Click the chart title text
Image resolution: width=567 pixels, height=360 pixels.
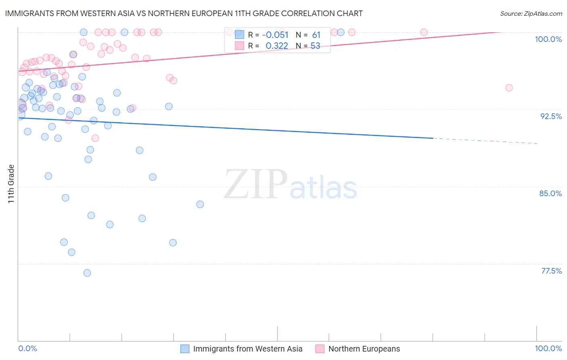(184, 13)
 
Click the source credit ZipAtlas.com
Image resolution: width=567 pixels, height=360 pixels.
(531, 13)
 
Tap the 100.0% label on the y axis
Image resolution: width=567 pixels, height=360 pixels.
(548, 39)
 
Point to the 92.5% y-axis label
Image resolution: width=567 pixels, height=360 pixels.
(551, 116)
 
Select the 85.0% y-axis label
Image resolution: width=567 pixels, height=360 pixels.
(550, 193)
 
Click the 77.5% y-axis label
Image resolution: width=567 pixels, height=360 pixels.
(551, 271)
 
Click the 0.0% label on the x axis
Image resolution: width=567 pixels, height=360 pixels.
(27, 348)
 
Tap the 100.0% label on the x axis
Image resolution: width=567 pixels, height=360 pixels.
(548, 348)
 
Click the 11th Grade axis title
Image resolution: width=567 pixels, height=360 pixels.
(11, 184)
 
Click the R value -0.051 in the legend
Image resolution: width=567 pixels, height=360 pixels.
(275, 35)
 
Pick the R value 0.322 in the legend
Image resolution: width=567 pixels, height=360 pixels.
(277, 46)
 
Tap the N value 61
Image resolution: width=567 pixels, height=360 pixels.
(316, 35)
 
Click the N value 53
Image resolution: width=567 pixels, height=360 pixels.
(315, 46)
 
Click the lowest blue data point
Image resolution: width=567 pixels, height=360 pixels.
(87, 273)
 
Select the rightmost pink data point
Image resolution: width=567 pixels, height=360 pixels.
(509, 88)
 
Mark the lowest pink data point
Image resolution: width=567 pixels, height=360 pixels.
(95, 138)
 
